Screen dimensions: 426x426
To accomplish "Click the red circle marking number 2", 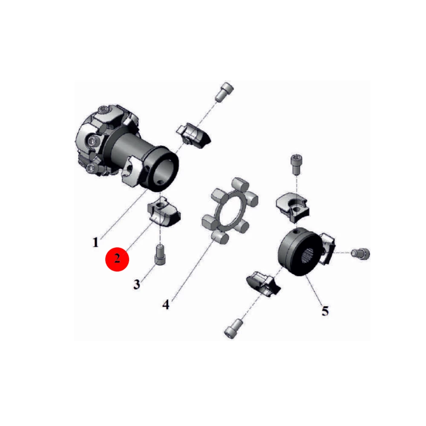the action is click(117, 259).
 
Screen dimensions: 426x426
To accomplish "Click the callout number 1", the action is click(95, 242).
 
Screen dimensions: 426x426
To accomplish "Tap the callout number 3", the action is click(137, 284).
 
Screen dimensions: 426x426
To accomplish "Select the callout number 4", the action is click(166, 304).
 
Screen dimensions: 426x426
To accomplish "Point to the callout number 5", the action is click(325, 311).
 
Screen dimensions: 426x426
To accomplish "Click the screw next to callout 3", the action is click(160, 254).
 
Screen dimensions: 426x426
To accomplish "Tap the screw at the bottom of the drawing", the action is click(233, 328).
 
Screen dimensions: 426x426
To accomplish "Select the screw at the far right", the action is click(360, 253).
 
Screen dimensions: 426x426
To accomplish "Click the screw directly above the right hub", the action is click(296, 164).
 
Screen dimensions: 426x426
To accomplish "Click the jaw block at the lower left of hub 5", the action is click(264, 283).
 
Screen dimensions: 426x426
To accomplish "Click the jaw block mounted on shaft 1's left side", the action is click(131, 171).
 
